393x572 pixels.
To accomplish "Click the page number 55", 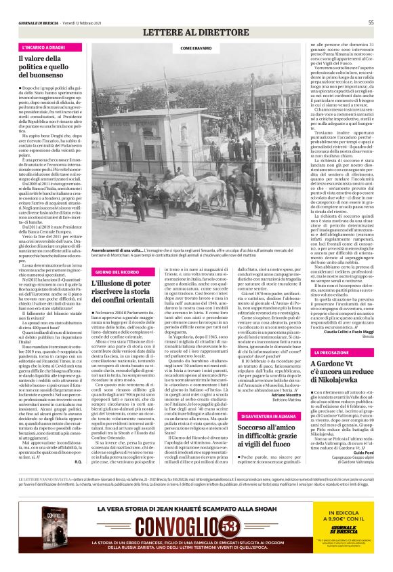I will (x=371, y=22).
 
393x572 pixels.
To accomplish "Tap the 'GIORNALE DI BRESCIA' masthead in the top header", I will (x=39, y=22).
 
